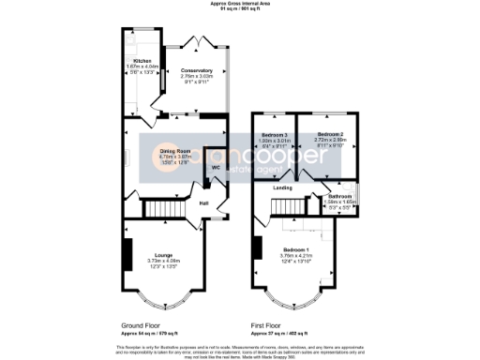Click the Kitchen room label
coord(138,62)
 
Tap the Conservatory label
coord(197,71)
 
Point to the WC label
coord(215,168)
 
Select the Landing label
coord(282,188)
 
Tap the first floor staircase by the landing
coord(297,205)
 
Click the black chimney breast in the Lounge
coord(126,252)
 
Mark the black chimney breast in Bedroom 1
coord(255,247)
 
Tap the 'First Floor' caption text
coord(268,325)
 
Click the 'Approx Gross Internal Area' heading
coord(240,5)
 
